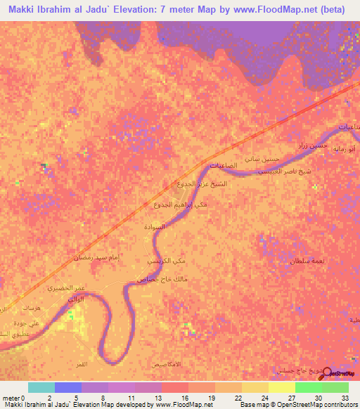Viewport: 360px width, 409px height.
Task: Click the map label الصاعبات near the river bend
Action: (x=225, y=166)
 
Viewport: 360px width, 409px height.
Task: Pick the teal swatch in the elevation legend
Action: (x=41, y=387)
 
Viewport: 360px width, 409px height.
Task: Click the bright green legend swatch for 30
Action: (x=308, y=387)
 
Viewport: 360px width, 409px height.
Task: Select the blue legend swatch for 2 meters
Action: (x=68, y=387)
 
